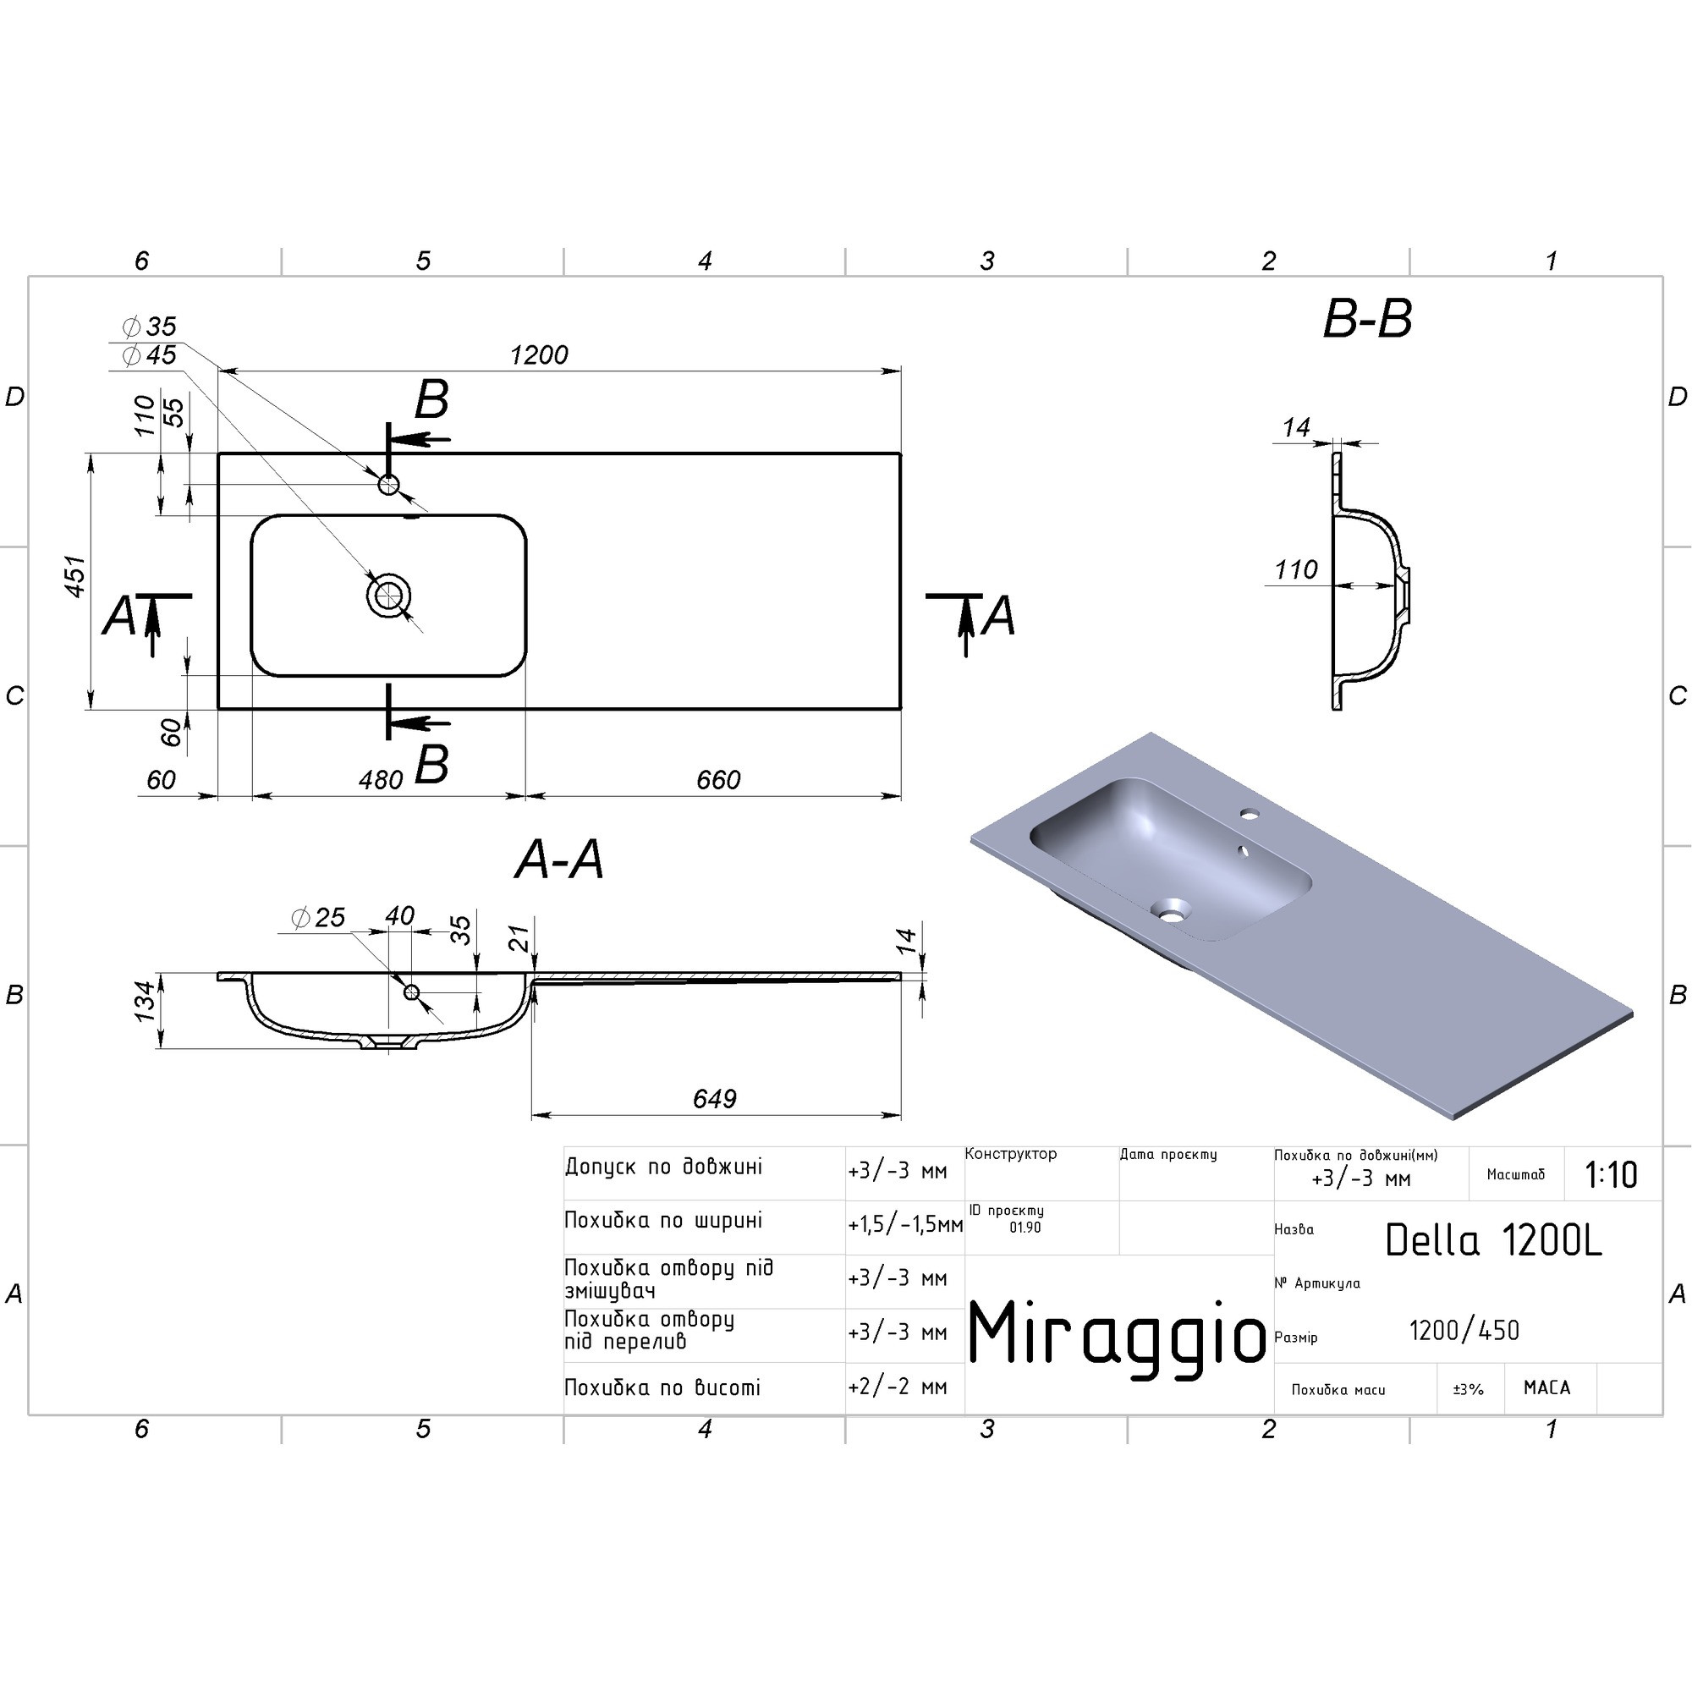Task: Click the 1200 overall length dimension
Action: click(539, 354)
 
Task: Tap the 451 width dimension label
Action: click(77, 576)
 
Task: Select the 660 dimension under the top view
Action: click(718, 779)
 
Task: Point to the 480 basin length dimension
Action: click(381, 779)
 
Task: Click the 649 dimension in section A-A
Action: click(715, 1098)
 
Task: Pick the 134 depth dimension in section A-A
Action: click(146, 1000)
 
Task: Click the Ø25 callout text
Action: click(318, 917)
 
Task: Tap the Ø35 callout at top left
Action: click(149, 327)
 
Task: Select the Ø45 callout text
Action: click(149, 354)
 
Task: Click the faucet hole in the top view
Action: click(389, 484)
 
